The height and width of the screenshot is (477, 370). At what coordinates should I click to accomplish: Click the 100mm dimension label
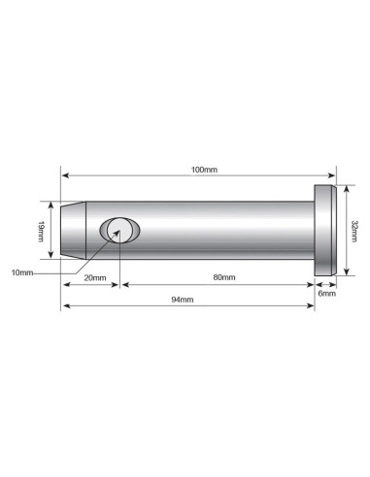pos(204,170)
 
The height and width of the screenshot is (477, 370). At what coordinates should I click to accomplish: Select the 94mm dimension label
pos(183,300)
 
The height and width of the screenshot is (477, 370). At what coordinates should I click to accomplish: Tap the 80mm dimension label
pos(224,277)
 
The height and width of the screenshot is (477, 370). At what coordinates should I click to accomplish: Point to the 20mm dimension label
pos(95,278)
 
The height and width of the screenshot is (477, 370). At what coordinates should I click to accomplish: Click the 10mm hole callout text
pos(22,272)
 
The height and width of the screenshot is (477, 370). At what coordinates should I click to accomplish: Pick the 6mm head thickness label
pos(326,294)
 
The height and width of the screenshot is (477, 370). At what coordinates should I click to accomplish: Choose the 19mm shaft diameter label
pos(41,231)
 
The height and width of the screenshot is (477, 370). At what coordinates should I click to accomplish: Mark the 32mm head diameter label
pos(354,231)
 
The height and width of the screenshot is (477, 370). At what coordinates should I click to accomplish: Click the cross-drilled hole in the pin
pos(119,230)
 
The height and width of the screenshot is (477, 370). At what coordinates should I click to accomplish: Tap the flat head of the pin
pos(325,231)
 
